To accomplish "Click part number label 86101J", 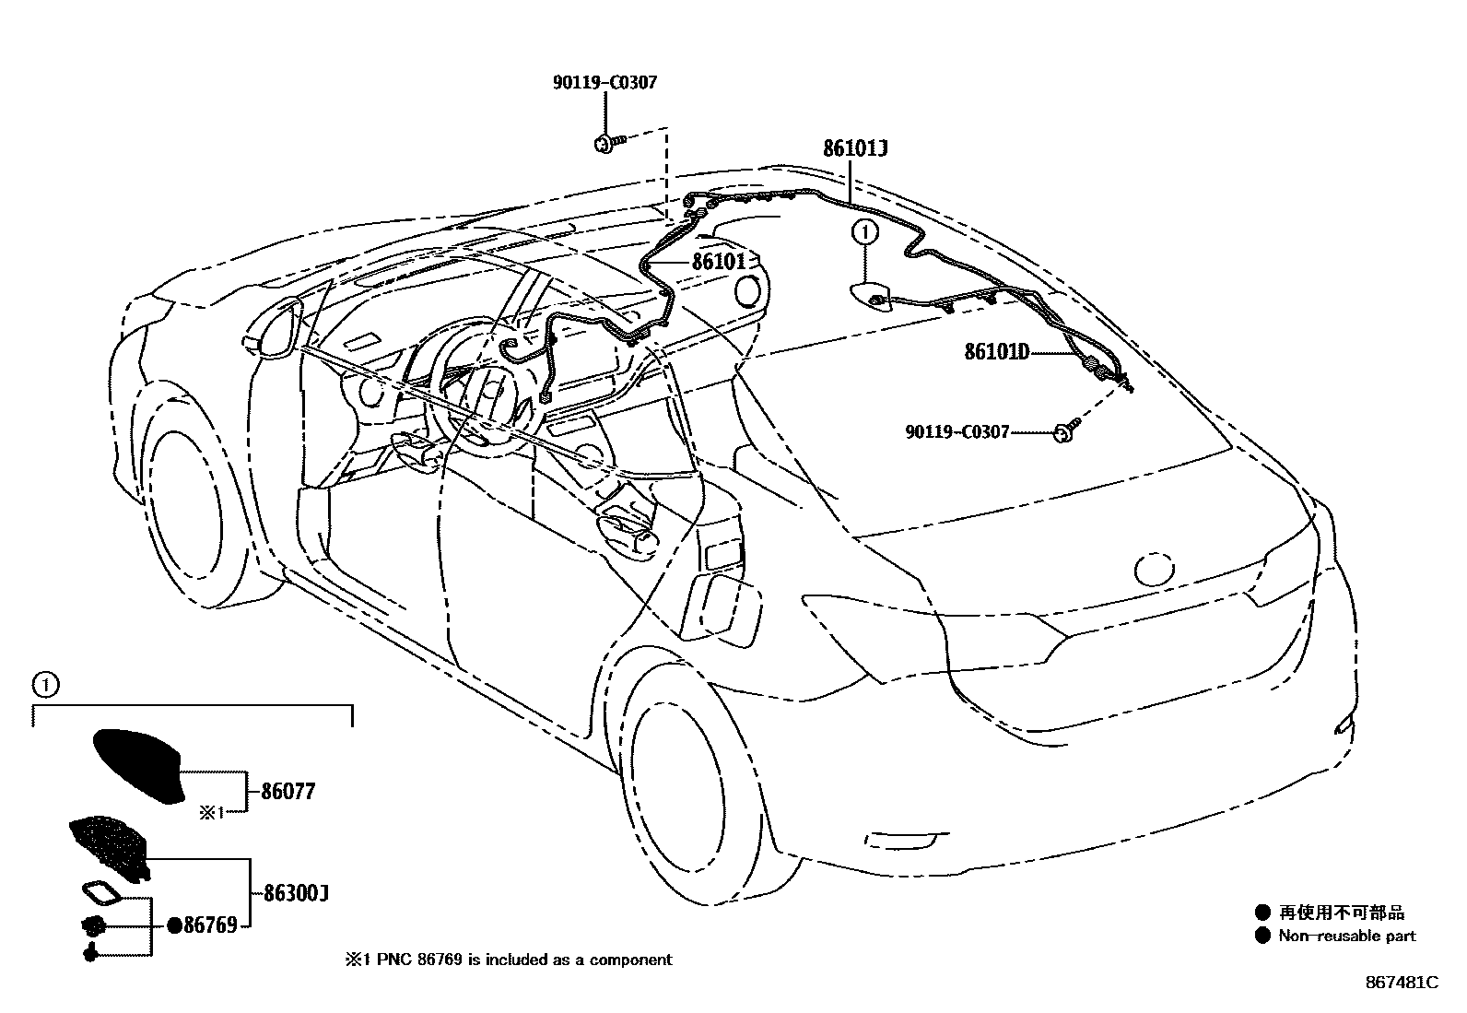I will tap(854, 149).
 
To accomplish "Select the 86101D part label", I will tap(996, 351).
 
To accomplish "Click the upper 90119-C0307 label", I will tap(604, 83).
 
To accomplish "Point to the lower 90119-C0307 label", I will tap(957, 431).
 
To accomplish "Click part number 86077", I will tap(288, 792).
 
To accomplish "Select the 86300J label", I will tap(296, 894).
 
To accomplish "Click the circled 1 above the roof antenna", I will tap(864, 232).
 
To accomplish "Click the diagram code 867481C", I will tap(1402, 983).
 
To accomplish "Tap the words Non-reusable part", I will tap(1346, 936).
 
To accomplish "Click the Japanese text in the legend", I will tap(1342, 913).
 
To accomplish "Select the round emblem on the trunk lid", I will tap(1156, 569).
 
